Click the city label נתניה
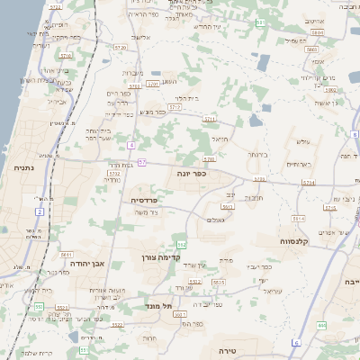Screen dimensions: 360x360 tap(22, 166)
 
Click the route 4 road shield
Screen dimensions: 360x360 tap(131, 144)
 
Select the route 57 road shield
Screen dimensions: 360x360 tap(142, 162)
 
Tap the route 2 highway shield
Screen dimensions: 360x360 tap(40, 211)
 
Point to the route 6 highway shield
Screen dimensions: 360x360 tap(295, 343)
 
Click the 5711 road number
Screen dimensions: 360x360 tap(210, 119)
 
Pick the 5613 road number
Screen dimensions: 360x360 tap(229, 207)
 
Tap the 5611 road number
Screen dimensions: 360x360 tap(67, 256)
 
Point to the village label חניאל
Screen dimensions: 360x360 tap(220, 139)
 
